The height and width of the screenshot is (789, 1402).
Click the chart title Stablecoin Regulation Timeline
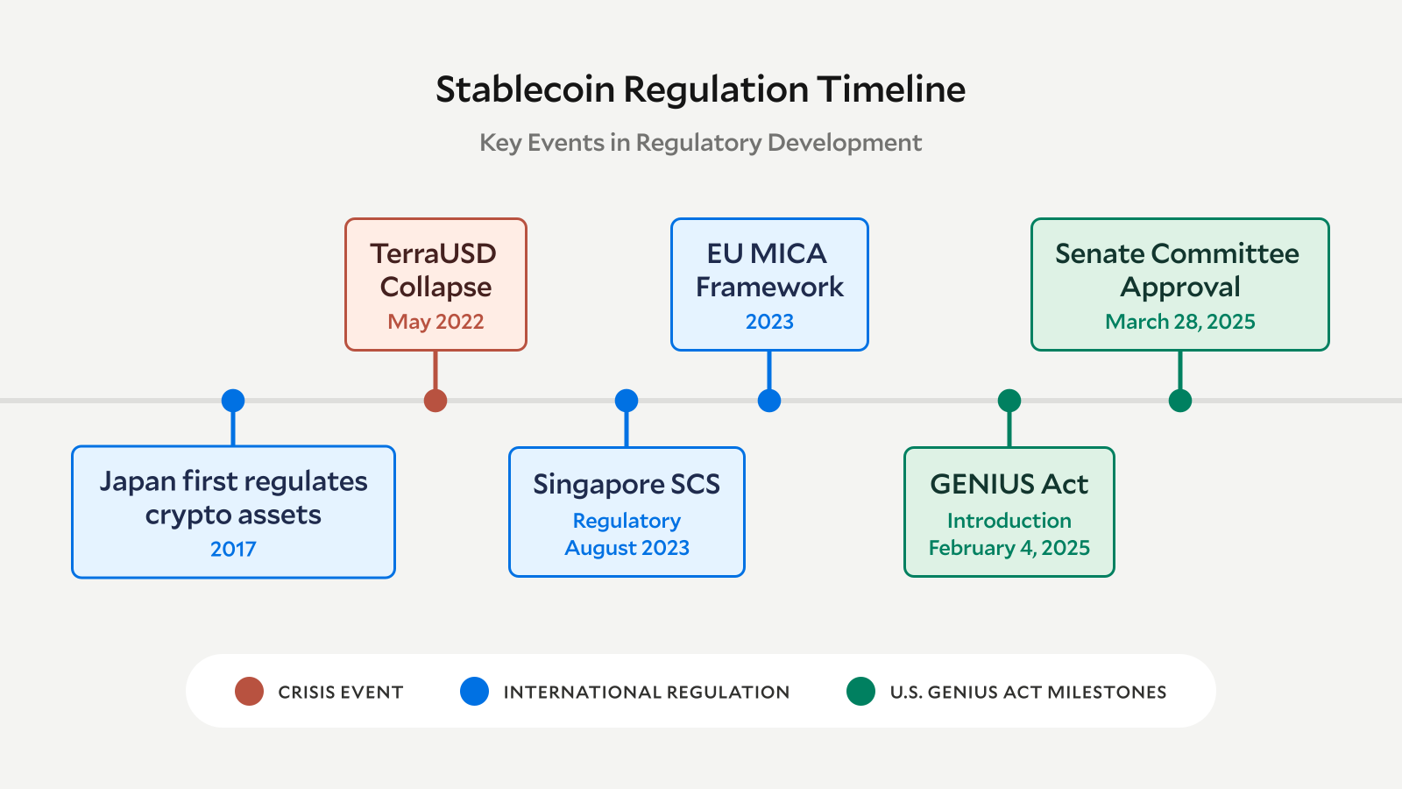coord(700,89)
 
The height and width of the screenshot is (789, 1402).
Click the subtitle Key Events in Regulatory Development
coord(700,142)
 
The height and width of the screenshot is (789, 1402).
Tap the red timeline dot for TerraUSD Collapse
coord(435,401)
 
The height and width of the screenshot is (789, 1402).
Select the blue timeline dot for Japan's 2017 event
coord(233,401)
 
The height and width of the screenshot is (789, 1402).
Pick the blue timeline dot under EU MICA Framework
coord(769,401)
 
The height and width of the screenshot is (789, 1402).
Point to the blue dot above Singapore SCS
coord(627,401)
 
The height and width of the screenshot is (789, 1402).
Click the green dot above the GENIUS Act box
coord(1009,401)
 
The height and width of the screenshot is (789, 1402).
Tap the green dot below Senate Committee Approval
coord(1180,401)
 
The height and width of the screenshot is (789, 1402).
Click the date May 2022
coord(435,322)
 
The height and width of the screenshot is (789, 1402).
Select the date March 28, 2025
coord(1180,322)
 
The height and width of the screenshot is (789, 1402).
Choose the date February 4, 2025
coord(1009,548)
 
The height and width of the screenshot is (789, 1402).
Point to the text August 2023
coord(627,548)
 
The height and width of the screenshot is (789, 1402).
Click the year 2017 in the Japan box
coord(233,549)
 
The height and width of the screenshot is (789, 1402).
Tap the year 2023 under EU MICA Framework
coord(769,322)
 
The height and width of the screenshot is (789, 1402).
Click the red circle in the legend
coord(250,692)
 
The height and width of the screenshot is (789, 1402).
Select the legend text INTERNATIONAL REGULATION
coord(646,693)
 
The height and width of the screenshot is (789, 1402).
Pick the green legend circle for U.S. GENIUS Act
coord(861,692)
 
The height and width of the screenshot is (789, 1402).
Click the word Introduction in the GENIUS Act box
coord(1009,521)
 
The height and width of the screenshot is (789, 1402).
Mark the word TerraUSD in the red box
coord(434,253)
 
